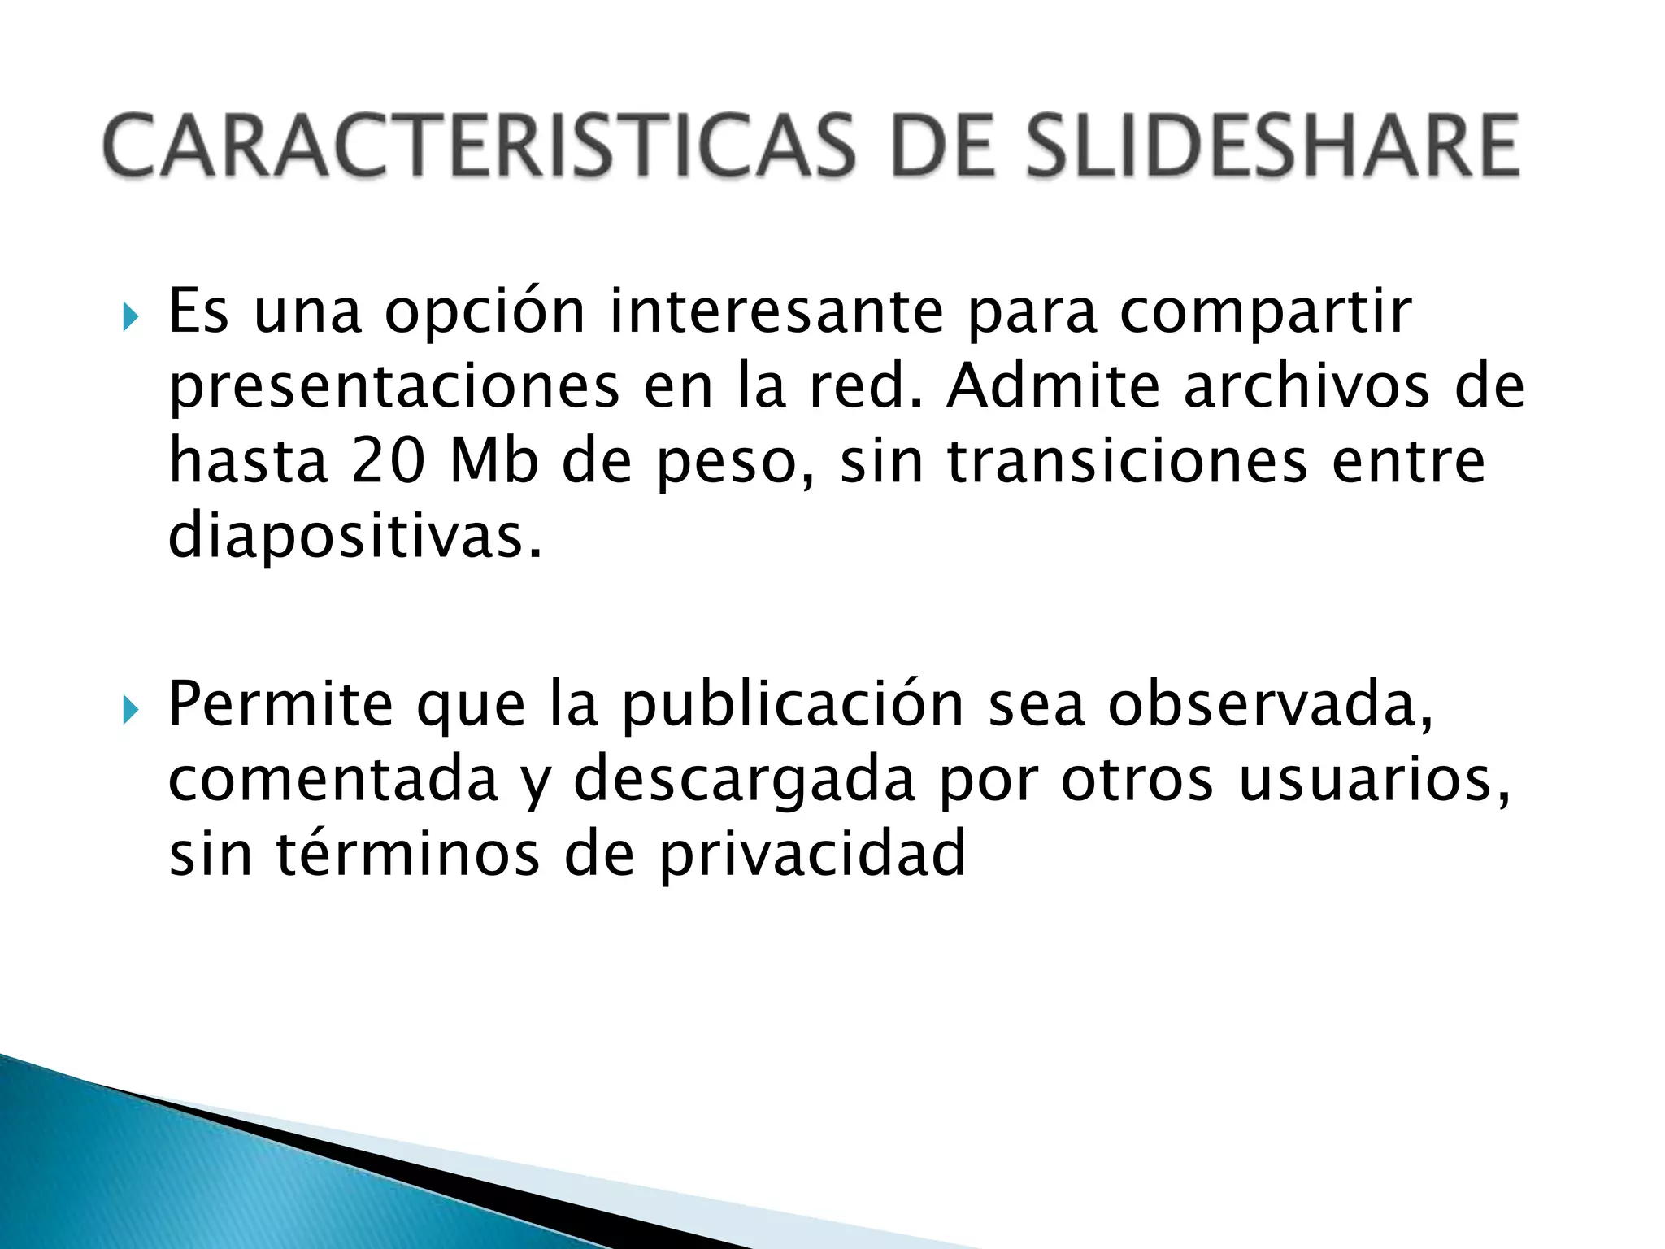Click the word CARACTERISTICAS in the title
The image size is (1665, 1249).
(x=480, y=146)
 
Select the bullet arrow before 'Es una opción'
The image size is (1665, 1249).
(x=130, y=316)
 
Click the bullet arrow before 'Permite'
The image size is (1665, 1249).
(x=130, y=710)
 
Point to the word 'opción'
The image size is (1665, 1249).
(x=485, y=313)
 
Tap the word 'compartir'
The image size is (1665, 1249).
(x=1266, y=313)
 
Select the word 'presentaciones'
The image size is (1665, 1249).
(x=394, y=388)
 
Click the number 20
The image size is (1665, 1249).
(x=389, y=461)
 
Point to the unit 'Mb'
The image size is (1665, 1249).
(x=494, y=461)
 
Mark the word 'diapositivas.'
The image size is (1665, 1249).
(x=354, y=537)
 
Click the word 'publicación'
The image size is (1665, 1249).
(x=793, y=706)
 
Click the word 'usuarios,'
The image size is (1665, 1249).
(x=1375, y=780)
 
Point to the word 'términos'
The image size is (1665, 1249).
(x=408, y=853)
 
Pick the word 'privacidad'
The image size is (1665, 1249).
(x=812, y=855)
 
